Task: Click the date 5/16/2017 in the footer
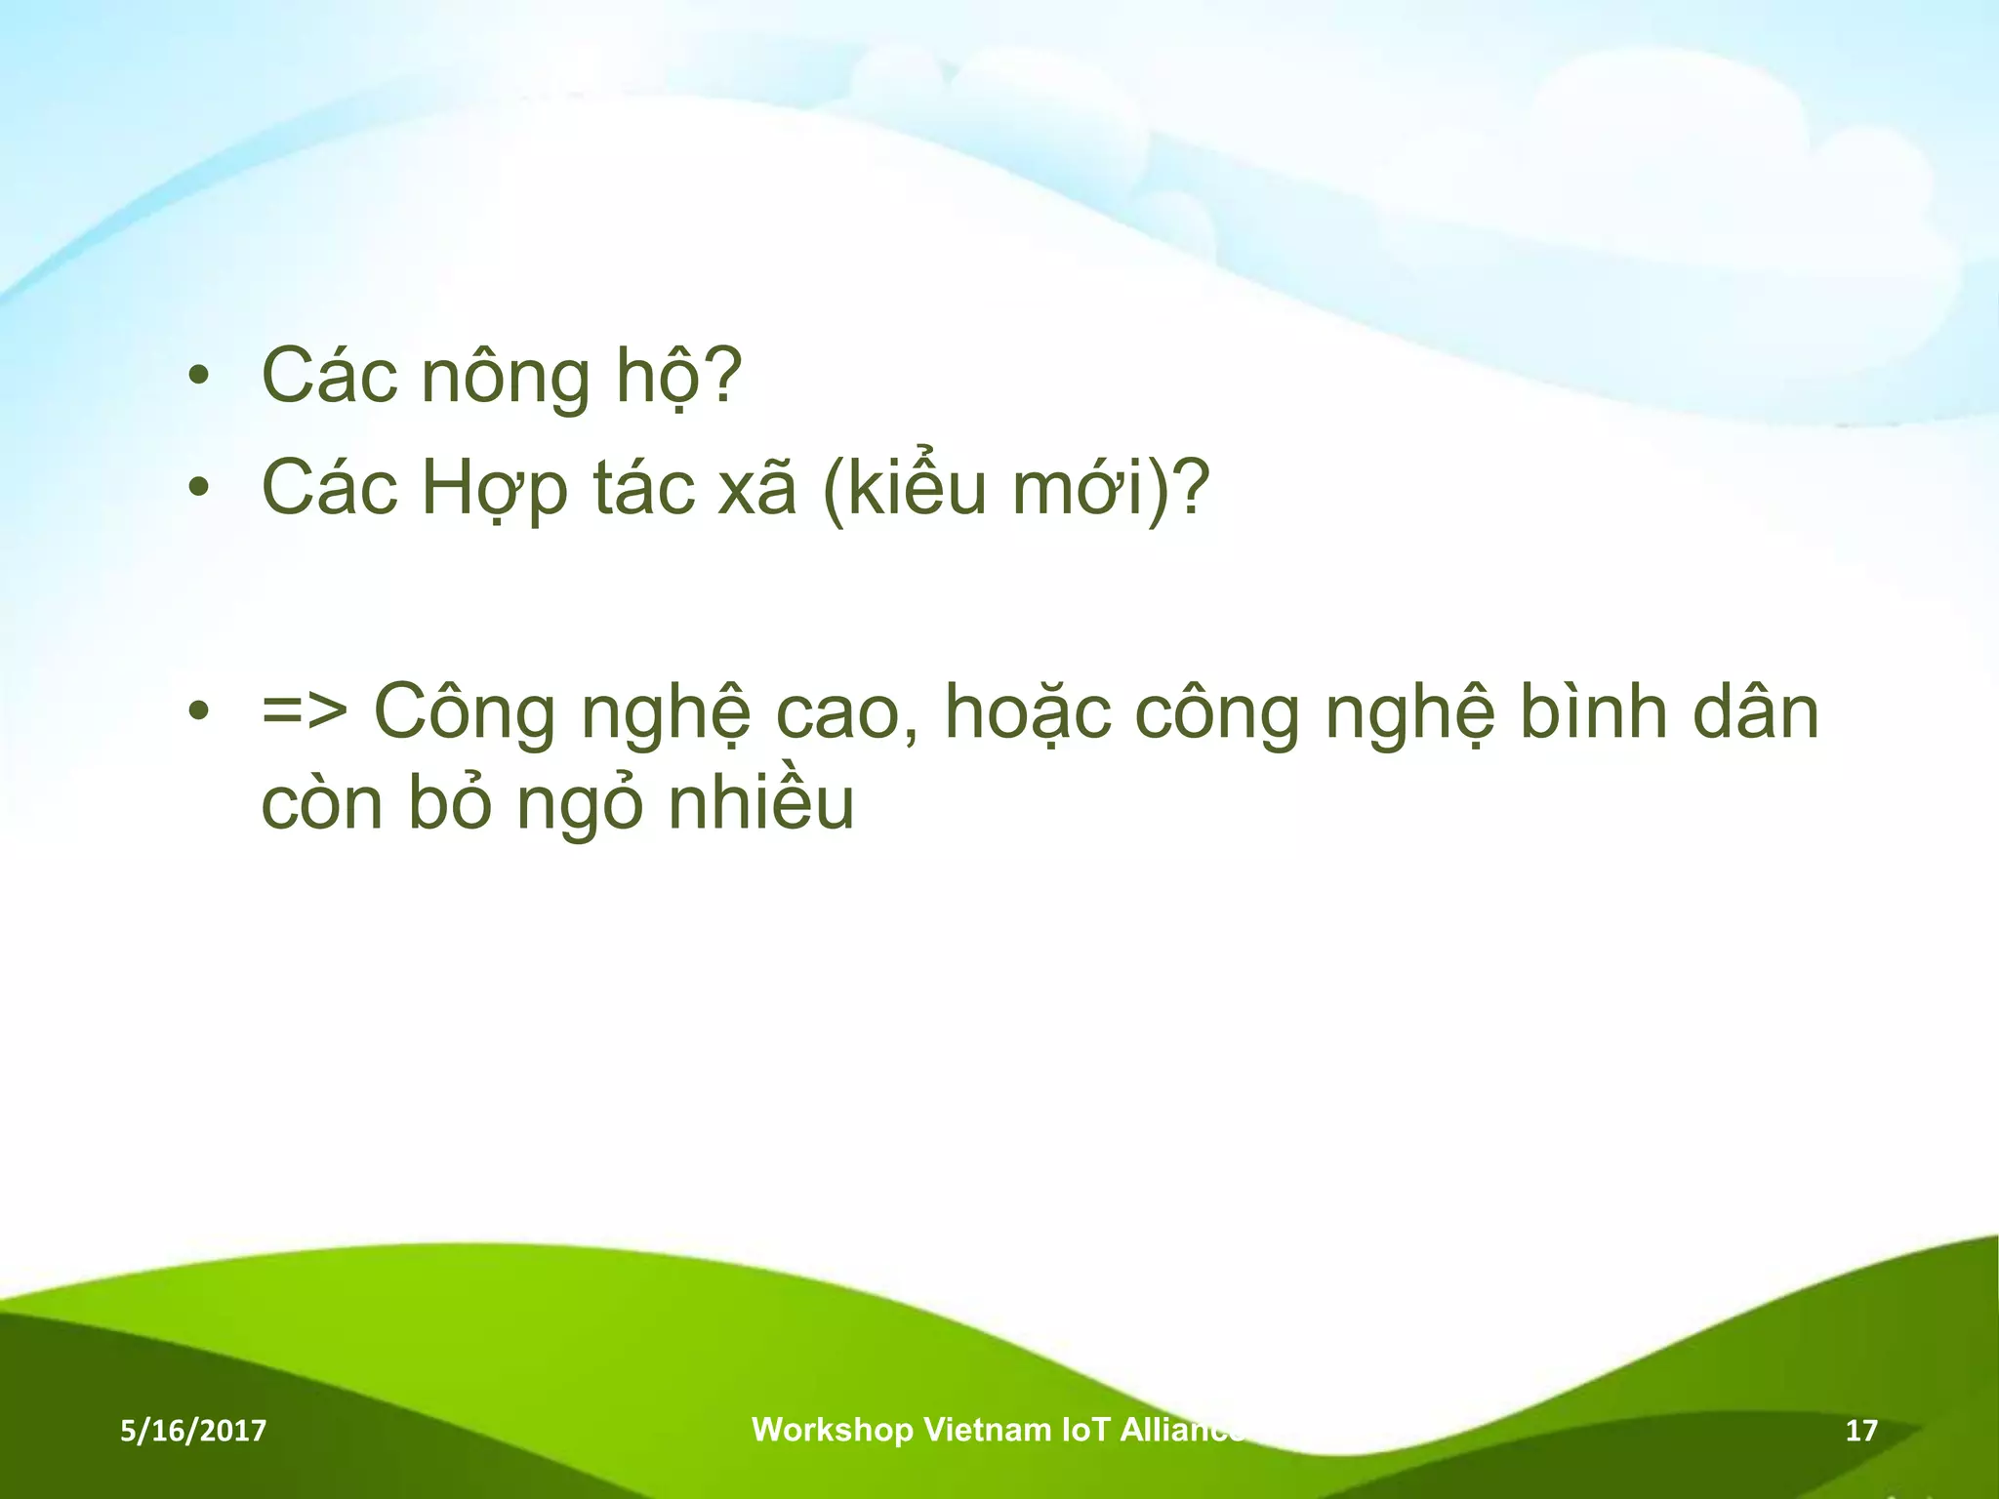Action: coord(193,1432)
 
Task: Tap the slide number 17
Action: coord(1861,1432)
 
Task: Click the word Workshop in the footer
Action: coord(832,1431)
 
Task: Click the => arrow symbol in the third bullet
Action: coord(305,712)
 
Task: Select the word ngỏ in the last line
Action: coord(580,806)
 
